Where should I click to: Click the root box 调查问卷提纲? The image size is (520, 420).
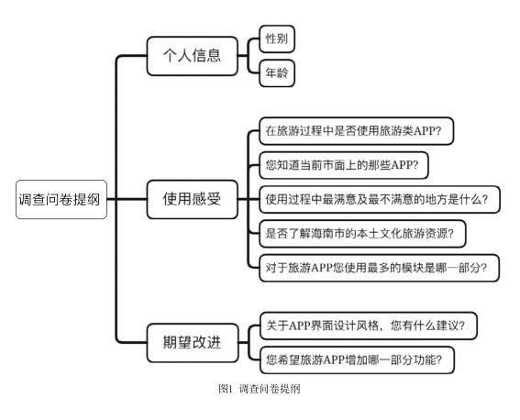[x=61, y=199]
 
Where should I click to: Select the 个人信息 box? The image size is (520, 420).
[x=193, y=56]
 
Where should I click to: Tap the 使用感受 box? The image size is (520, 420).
[x=193, y=199]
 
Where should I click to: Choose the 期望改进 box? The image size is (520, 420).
[x=193, y=342]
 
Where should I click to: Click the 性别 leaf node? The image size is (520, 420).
[x=277, y=39]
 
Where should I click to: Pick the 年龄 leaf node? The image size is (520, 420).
[x=277, y=73]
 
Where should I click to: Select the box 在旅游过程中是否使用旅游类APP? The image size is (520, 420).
[x=356, y=130]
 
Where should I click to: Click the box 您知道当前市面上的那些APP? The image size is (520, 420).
[x=344, y=165]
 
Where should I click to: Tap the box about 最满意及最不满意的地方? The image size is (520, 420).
[x=380, y=199]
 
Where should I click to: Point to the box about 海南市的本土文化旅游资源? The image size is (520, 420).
[x=362, y=233]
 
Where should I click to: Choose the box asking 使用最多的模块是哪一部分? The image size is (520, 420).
[x=379, y=268]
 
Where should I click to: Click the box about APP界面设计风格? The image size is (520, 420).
[x=368, y=326]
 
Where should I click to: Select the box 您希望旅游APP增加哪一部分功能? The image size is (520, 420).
[x=357, y=359]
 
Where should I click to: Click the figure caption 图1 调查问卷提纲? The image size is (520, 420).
[x=260, y=389]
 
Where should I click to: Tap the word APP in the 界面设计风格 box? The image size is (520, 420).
[x=300, y=326]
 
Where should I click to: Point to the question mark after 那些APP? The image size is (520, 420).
[x=415, y=165]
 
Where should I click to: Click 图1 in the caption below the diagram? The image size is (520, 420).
[x=226, y=389]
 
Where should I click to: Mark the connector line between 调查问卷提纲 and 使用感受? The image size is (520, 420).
[x=127, y=199]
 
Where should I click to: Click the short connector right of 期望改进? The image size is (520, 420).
[x=243, y=342]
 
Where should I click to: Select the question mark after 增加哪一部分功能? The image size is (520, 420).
[x=438, y=359]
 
